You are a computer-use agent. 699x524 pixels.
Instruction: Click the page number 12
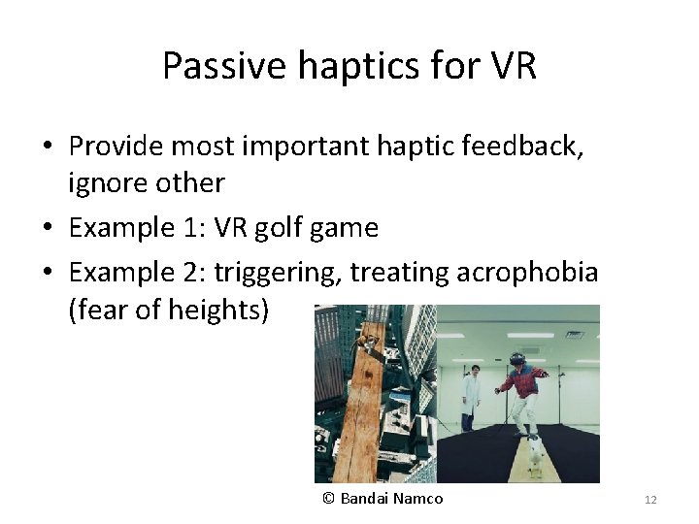(x=650, y=500)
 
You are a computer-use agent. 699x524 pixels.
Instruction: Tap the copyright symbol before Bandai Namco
(x=328, y=498)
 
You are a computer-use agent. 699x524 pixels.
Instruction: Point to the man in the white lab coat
(x=471, y=396)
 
